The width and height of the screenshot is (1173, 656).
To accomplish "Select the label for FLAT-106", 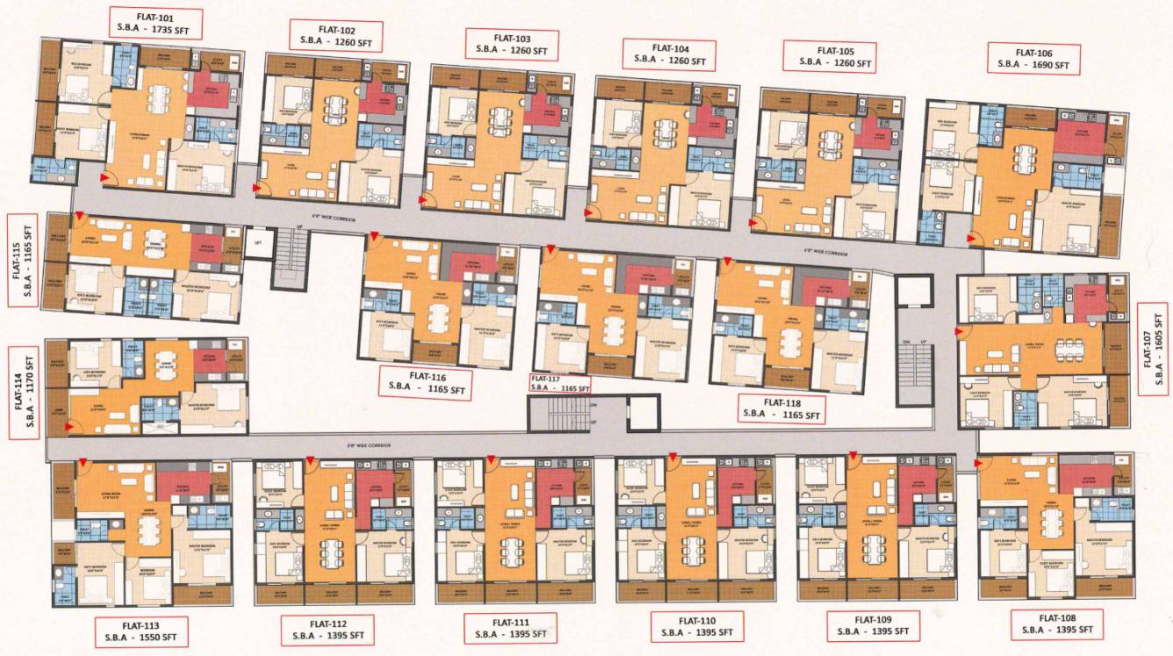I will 1033,58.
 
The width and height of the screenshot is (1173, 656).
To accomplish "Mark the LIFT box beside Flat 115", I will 257,243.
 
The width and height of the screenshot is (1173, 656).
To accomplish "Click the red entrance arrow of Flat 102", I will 257,188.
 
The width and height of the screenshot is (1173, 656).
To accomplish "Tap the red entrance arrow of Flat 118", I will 725,261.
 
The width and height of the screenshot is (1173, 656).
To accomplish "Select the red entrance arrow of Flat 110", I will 672,456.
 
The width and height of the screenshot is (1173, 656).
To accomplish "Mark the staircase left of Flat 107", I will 915,369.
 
